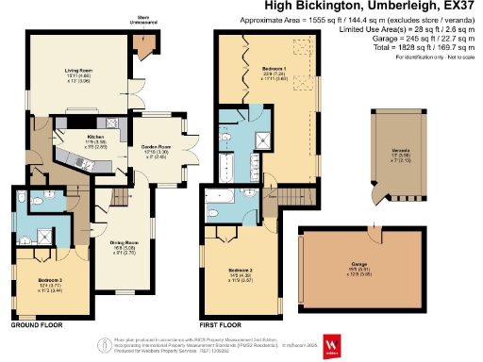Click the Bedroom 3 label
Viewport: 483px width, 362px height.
tap(50, 280)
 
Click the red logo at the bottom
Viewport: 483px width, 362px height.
tap(332, 346)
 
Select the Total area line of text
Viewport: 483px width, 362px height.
tap(409, 46)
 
